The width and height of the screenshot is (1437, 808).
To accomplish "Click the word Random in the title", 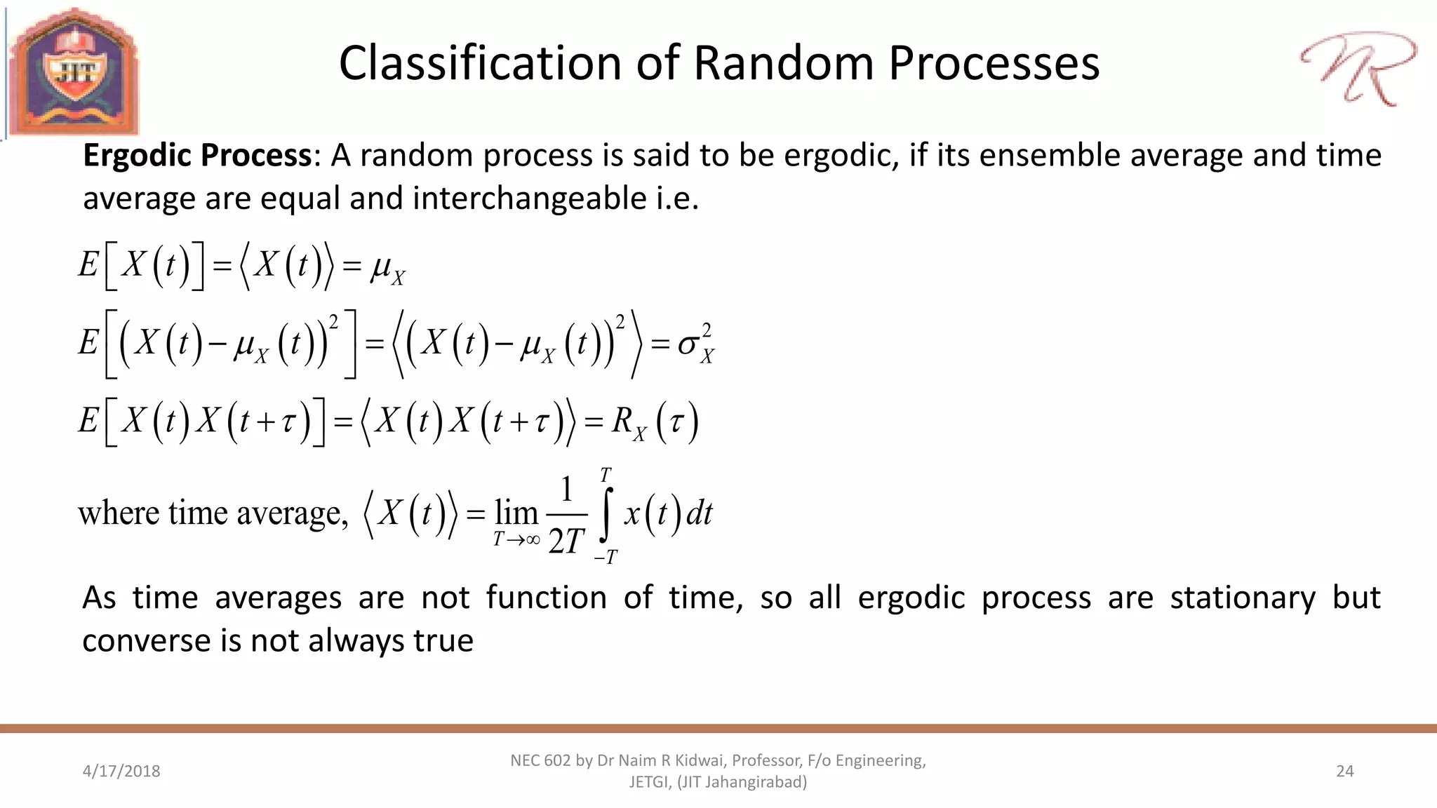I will click(784, 64).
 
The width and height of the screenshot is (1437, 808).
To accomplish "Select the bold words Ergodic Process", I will click(196, 156).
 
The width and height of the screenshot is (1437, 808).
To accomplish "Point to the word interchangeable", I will click(530, 198).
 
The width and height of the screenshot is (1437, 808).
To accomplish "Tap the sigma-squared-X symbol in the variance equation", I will click(695, 344).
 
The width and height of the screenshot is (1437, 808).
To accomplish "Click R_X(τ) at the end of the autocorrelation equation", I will click(654, 423).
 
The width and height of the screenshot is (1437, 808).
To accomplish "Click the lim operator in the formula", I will click(516, 513).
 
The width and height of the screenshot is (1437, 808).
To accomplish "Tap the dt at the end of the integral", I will click(699, 513).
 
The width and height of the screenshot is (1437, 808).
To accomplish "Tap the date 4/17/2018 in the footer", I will click(121, 772).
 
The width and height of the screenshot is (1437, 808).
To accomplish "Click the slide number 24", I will click(1344, 772).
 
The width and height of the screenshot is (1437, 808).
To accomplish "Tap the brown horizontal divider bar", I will click(718, 729).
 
